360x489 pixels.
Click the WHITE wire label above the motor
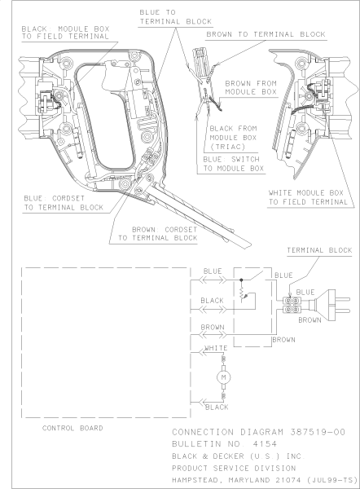(x=217, y=348)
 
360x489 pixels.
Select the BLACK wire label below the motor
(x=217, y=406)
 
